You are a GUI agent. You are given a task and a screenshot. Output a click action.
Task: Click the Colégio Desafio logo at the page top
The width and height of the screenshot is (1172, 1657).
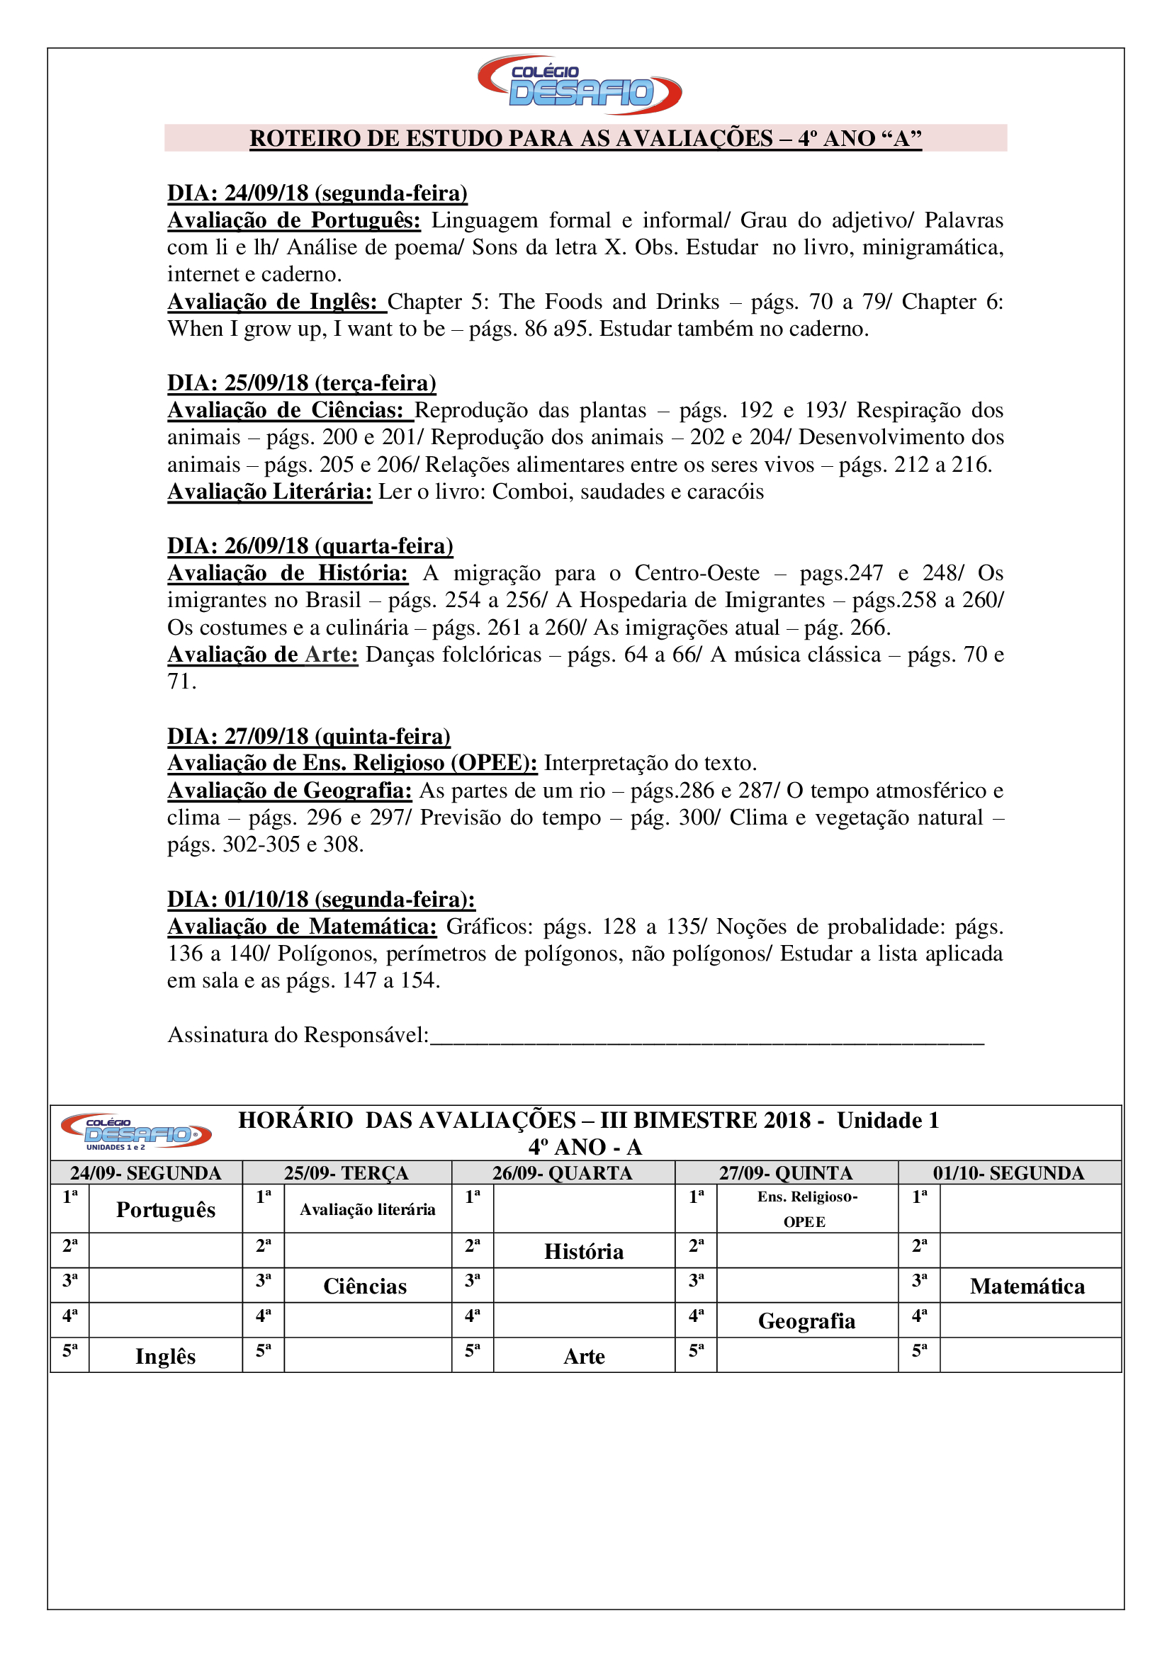pyautogui.click(x=580, y=84)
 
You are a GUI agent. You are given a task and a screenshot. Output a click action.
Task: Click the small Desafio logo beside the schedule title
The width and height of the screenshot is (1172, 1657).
pyautogui.click(x=135, y=1131)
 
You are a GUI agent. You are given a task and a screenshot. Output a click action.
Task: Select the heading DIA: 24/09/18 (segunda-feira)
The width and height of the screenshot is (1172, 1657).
pyautogui.click(x=317, y=193)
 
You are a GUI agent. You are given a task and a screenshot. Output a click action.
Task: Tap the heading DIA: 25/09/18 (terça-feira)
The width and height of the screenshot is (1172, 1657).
pyautogui.click(x=302, y=383)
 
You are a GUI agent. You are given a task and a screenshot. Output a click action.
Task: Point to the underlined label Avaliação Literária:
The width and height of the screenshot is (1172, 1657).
pyautogui.click(x=270, y=492)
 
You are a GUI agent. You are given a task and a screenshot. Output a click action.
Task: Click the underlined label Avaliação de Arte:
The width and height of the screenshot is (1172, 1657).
pyautogui.click(x=263, y=655)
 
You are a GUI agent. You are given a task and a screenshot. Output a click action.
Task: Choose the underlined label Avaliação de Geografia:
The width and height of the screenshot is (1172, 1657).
pyautogui.click(x=289, y=791)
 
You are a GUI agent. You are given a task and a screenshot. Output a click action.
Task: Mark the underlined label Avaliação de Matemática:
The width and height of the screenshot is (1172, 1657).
pyautogui.click(x=302, y=926)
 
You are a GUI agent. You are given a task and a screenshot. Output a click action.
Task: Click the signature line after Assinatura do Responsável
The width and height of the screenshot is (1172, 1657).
pyautogui.click(x=707, y=1037)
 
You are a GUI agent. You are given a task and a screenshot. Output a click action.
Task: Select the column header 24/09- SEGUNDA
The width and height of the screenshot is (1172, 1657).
pyautogui.click(x=146, y=1172)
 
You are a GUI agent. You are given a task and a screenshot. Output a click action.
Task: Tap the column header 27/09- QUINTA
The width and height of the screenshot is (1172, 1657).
pyautogui.click(x=786, y=1172)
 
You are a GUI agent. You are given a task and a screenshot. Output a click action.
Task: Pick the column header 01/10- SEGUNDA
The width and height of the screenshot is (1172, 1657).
pyautogui.click(x=1008, y=1172)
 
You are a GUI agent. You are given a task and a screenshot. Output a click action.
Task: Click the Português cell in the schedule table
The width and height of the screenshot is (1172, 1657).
pyautogui.click(x=165, y=1209)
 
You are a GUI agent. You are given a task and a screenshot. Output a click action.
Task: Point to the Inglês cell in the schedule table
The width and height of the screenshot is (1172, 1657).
pyautogui.click(x=165, y=1356)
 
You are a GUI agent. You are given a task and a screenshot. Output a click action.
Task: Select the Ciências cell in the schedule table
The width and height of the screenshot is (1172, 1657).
pyautogui.click(x=365, y=1286)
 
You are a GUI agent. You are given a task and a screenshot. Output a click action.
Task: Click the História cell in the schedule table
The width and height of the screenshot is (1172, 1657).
pyautogui.click(x=584, y=1251)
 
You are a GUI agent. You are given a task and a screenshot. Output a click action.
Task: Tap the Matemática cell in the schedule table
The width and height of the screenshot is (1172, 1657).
pyautogui.click(x=1027, y=1286)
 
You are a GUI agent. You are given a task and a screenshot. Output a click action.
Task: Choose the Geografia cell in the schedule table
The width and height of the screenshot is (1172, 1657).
pyautogui.click(x=806, y=1320)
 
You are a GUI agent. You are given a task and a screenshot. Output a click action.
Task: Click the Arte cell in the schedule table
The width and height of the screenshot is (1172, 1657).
pyautogui.click(x=584, y=1356)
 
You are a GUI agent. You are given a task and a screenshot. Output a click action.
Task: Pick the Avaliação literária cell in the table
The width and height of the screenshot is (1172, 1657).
pyautogui.click(x=367, y=1209)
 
